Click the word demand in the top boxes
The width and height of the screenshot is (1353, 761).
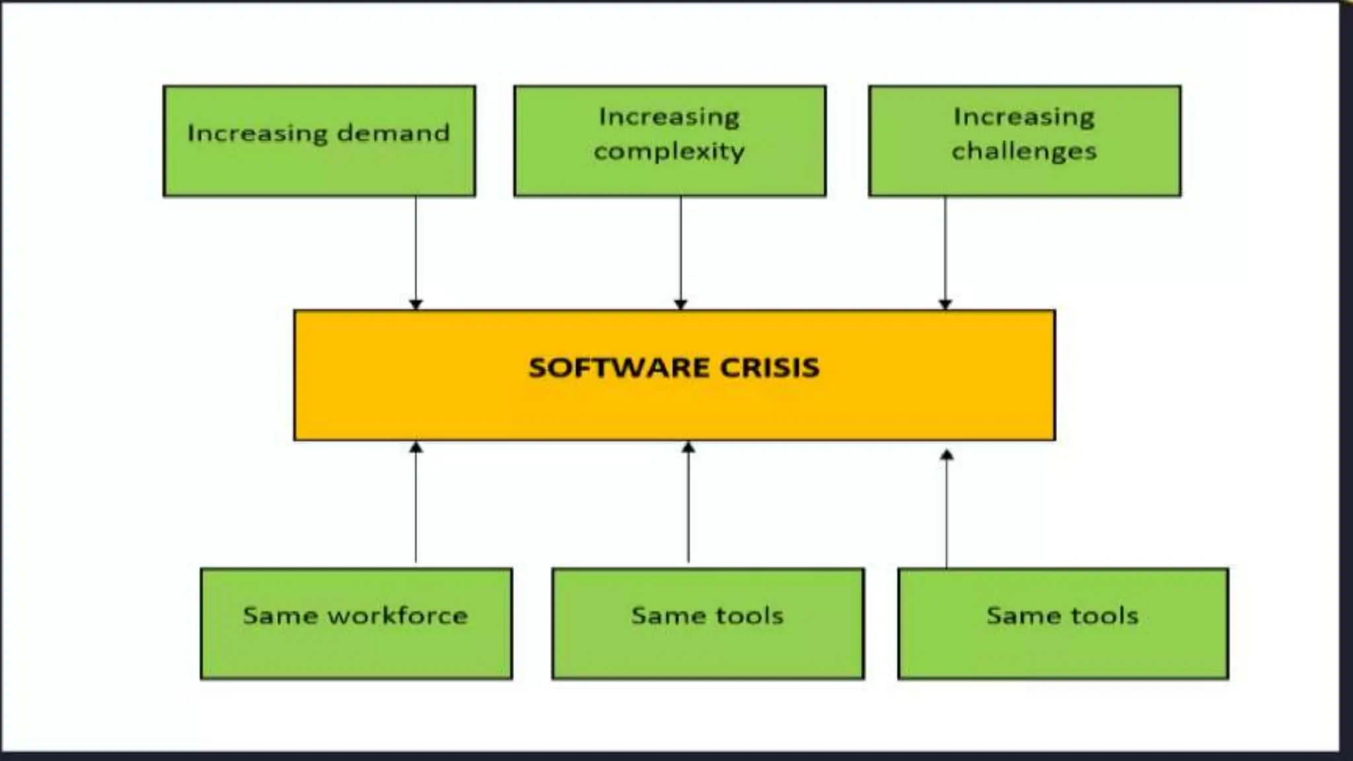(393, 133)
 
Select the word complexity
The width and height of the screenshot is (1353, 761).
(669, 152)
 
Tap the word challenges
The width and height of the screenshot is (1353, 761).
(1024, 152)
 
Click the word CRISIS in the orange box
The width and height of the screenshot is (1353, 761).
(769, 367)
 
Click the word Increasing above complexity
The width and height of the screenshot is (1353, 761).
(669, 117)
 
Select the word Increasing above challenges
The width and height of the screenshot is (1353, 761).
(1024, 117)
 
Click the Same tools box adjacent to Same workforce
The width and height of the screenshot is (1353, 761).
(708, 624)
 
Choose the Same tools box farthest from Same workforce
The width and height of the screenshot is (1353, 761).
(1062, 624)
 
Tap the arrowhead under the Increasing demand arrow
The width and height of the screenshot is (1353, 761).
(416, 304)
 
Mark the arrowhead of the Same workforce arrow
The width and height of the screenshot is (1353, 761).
(416, 447)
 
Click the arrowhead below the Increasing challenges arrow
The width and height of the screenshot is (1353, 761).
(945, 304)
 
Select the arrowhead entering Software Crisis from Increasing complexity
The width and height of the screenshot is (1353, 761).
(680, 304)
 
